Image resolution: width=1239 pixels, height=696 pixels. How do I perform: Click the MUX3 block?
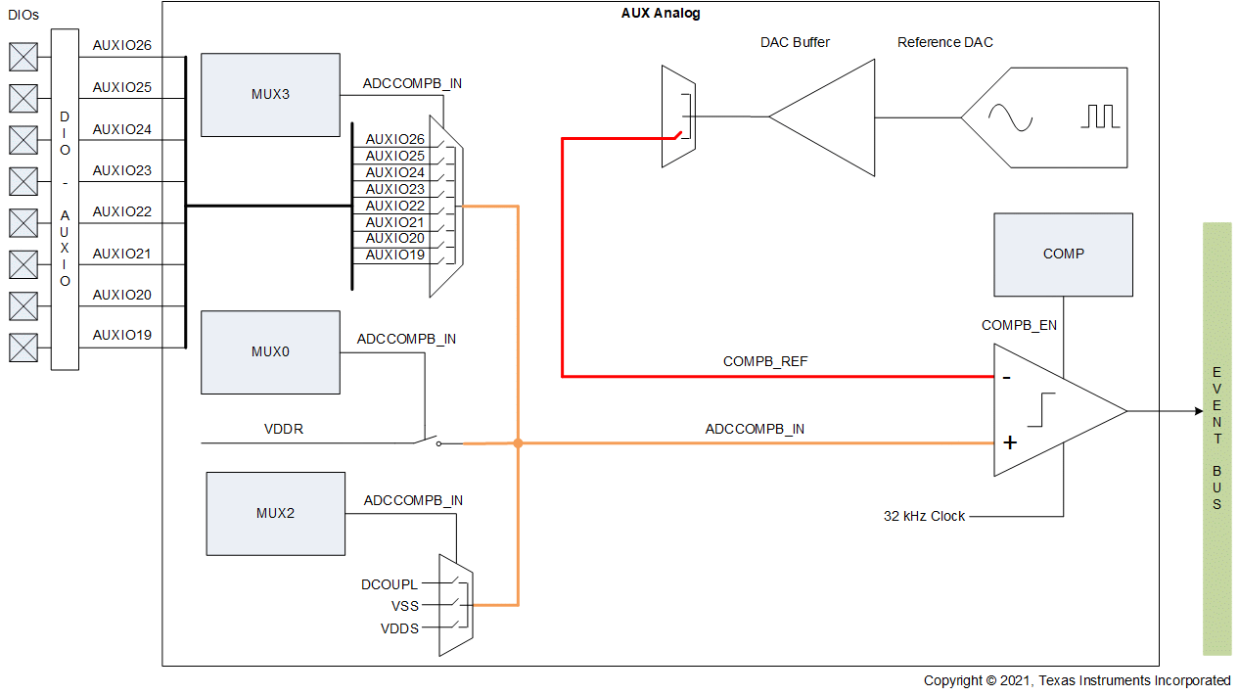coord(270,95)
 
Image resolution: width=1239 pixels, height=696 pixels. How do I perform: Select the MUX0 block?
coord(270,352)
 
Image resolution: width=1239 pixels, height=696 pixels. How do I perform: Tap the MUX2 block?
coord(275,513)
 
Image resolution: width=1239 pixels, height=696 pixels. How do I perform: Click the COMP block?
coord(1063,255)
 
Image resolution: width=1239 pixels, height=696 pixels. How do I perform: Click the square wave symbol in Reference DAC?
coord(1099,116)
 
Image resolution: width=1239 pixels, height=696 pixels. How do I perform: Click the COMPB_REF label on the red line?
coord(765,361)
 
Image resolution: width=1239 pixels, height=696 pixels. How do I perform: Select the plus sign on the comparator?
coord(1010,442)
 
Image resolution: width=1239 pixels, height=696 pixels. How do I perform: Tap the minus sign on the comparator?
coord(1007,377)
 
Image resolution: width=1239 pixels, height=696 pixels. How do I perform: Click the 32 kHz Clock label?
coord(924,516)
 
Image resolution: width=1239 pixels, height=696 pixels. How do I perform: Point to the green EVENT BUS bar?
coord(1216,438)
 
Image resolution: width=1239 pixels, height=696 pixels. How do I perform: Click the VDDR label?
coord(284,429)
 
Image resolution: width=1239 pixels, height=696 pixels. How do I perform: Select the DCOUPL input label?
coord(390,584)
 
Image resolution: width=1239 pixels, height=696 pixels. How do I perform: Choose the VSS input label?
coord(405,606)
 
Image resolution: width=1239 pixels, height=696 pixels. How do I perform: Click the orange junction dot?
coord(518,443)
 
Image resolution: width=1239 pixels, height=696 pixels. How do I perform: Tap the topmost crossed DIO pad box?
coord(23,57)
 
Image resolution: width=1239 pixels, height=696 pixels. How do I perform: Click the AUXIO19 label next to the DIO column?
coord(122,336)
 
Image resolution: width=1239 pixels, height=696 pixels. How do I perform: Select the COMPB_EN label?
coord(1019,325)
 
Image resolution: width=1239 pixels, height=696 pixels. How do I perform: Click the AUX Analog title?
coord(661,14)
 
